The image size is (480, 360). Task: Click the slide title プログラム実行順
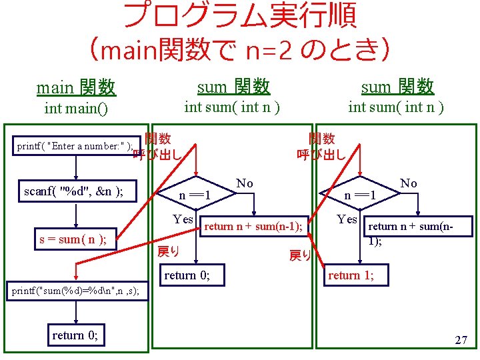240,16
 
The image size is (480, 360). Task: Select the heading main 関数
76,87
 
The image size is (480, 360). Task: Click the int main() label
76,107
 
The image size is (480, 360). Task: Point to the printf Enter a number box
74,146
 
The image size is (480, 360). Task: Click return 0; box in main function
75,335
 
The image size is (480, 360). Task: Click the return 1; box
351,275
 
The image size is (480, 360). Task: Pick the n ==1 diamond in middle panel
196,195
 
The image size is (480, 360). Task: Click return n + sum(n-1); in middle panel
253,227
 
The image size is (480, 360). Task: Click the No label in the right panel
408,183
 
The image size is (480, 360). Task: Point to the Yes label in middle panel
183,219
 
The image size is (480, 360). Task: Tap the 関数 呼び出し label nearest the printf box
157,147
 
